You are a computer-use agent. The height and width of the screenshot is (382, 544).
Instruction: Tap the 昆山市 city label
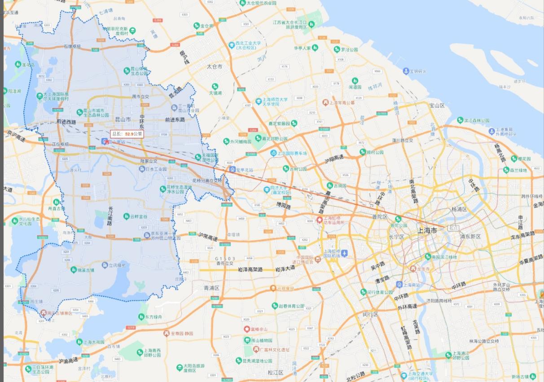tap(123, 119)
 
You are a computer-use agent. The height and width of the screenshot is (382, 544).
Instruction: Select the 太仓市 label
tap(215, 66)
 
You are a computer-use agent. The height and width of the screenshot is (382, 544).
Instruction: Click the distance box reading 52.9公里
tap(127, 134)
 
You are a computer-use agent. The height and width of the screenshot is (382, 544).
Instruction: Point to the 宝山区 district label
tap(437, 105)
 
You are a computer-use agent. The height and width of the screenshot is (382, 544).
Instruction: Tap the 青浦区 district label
tap(211, 288)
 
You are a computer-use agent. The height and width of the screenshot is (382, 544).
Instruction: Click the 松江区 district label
tap(275, 373)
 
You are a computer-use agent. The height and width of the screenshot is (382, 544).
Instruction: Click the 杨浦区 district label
tap(459, 209)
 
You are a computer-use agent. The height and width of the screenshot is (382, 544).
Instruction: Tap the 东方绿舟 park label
tap(153, 317)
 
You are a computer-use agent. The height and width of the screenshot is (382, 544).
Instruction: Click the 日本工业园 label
tap(156, 170)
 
